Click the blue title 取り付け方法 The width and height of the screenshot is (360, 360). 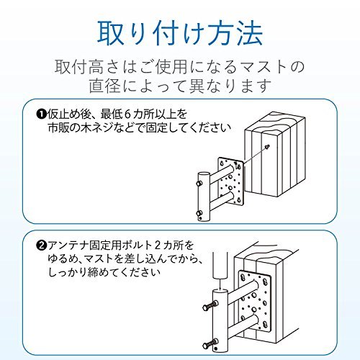point(180,35)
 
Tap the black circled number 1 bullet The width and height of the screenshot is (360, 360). point(41,114)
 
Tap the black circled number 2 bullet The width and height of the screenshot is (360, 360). point(41,246)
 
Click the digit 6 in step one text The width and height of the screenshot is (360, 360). point(127,114)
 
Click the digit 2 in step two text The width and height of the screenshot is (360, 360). point(157,246)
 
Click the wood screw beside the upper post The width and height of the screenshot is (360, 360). point(268,147)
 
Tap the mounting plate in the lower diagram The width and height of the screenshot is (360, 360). point(256,302)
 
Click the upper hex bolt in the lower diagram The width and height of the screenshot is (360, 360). point(210,306)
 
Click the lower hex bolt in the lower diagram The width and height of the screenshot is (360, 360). point(210,343)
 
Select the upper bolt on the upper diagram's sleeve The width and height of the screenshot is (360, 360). point(199,184)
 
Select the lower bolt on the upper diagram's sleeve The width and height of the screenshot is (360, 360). point(199,213)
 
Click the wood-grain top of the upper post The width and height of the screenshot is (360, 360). point(275,125)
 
